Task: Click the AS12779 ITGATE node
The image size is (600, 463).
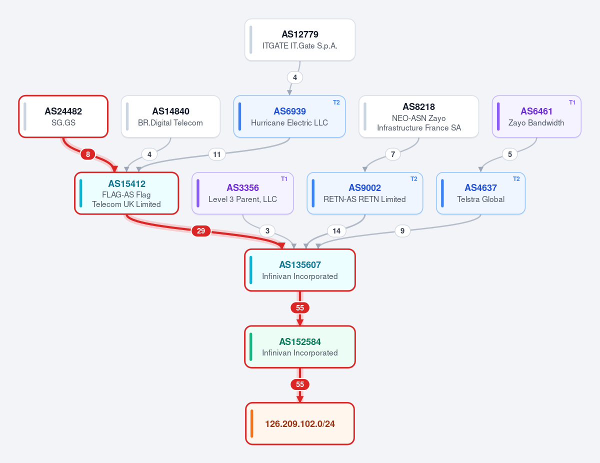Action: [300, 40]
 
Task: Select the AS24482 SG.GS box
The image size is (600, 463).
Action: [63, 116]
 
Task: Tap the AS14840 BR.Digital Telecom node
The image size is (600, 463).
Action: [170, 116]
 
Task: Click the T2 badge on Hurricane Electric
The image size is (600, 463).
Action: [336, 102]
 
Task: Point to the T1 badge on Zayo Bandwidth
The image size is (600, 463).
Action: [572, 102]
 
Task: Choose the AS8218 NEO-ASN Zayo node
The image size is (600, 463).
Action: [418, 116]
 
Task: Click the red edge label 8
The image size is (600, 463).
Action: [88, 154]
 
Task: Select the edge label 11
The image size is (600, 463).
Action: [217, 154]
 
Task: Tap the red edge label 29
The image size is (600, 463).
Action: [201, 231]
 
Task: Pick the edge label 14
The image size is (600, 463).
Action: [336, 231]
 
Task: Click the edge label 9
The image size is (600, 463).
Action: [402, 231]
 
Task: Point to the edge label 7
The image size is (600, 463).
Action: [392, 154]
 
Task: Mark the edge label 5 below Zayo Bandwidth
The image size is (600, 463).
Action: [509, 154]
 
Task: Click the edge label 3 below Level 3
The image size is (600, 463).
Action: [267, 231]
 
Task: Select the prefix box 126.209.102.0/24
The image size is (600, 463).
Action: [300, 423]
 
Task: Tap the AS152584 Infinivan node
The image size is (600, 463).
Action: [300, 347]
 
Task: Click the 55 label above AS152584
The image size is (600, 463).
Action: [300, 307]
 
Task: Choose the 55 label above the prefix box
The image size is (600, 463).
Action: [300, 384]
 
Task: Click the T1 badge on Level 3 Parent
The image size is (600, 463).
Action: [284, 179]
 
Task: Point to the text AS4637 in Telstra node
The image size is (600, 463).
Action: [480, 187]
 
